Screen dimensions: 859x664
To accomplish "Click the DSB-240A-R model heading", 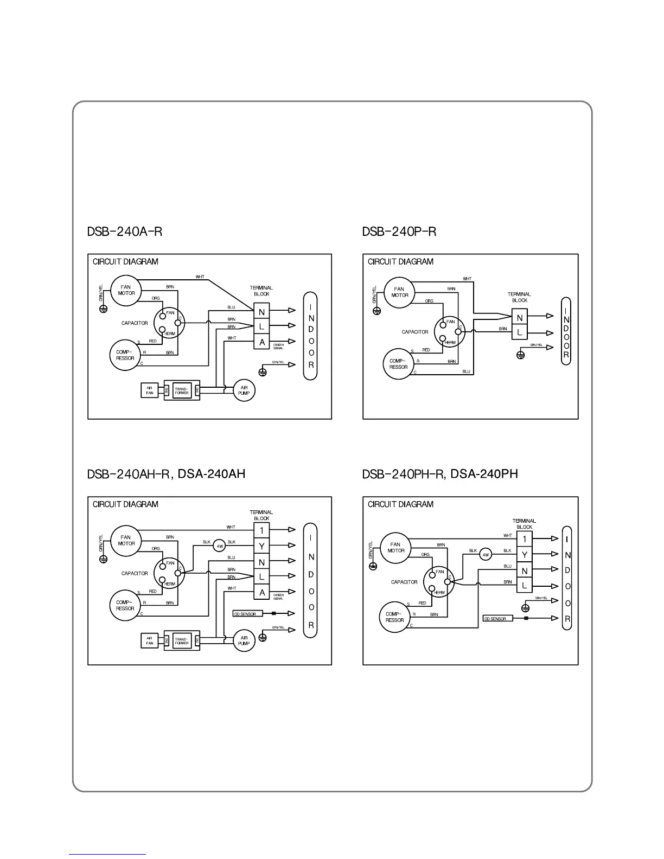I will pos(125,232).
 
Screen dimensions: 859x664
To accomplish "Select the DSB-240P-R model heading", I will pos(399,232).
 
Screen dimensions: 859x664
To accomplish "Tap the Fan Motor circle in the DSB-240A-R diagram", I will pos(125,291).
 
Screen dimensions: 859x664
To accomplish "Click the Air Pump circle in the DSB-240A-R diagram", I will pos(244,390).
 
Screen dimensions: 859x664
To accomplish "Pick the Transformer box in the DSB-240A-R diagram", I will pos(182,390).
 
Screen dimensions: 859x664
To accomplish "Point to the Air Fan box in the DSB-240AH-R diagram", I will pos(150,640).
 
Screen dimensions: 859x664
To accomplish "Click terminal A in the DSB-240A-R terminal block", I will pos(262,342).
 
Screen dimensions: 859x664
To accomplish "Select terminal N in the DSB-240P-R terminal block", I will pos(520,318).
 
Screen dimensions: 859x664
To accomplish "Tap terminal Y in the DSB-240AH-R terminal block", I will pos(262,546).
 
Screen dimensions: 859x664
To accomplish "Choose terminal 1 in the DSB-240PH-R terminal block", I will pos(525,539).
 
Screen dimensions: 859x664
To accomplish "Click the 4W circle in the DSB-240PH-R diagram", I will pos(486,555).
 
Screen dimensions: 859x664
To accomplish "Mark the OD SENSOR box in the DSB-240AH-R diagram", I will pos(247,614).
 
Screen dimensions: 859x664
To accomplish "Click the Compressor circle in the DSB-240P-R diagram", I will pos(399,364).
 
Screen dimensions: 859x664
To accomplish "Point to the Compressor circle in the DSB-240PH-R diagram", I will pos(394,617).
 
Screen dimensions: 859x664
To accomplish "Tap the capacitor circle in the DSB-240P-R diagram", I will pos(450,331).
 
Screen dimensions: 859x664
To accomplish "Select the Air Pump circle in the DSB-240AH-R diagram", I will pos(244,641).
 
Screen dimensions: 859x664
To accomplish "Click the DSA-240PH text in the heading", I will pos(484,474).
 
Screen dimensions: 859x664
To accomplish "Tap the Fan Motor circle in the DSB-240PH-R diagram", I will pos(396,548).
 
